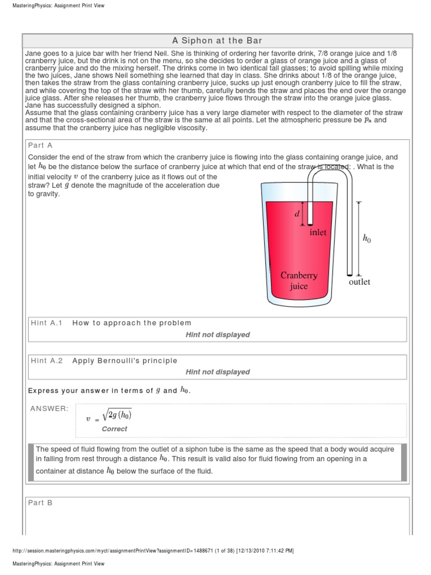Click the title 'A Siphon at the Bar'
coord(217,40)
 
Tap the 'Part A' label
coord(41,145)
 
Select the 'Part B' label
coord(41,503)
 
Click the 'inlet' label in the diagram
coord(318,232)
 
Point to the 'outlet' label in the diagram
coord(359,281)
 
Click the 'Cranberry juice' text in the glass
coord(299,280)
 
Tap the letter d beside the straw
coord(297,214)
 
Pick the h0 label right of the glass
coord(367,239)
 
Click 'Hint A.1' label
coord(47,323)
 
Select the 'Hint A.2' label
coord(47,360)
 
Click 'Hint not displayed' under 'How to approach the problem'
coord(217,335)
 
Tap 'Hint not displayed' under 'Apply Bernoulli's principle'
coord(217,372)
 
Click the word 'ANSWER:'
coord(49,408)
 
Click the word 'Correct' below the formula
coord(114,428)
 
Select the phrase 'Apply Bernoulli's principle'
coord(125,360)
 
